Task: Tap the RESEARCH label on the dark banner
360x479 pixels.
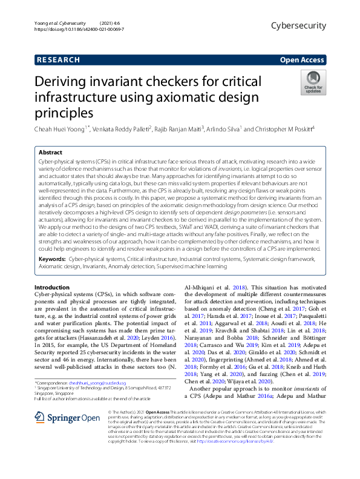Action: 59,60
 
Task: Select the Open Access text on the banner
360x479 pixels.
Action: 301,60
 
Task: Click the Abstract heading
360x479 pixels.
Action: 50,153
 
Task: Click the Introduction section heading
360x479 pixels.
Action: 52,286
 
